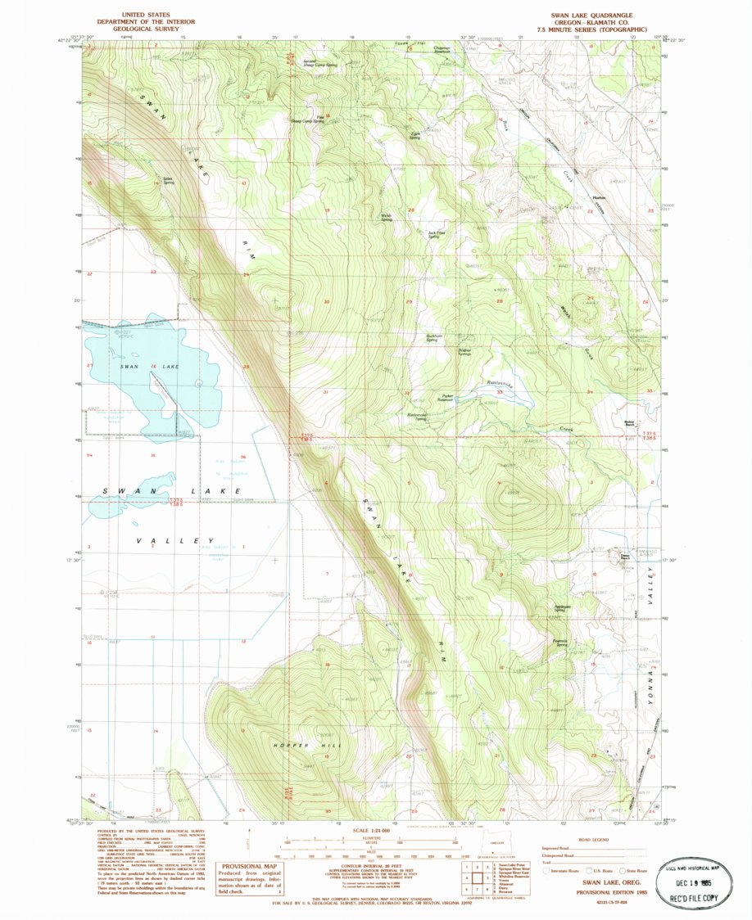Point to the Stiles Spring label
click(169, 179)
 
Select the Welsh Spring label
click(386, 218)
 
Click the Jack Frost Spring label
click(437, 233)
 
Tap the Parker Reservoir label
click(447, 399)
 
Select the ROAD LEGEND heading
click(593, 839)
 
